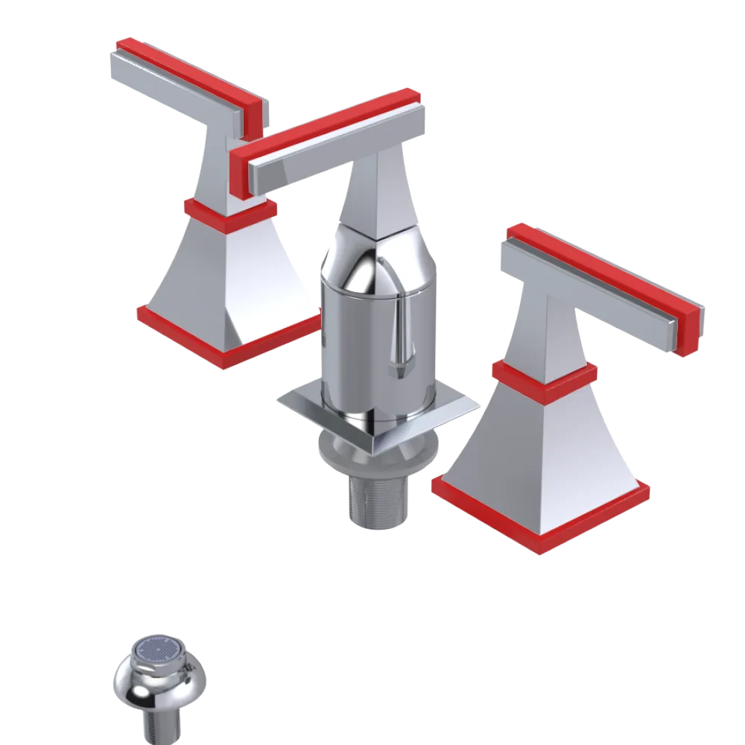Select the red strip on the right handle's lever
point(603,268)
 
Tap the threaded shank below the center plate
point(378,499)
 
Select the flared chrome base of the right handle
point(544,447)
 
